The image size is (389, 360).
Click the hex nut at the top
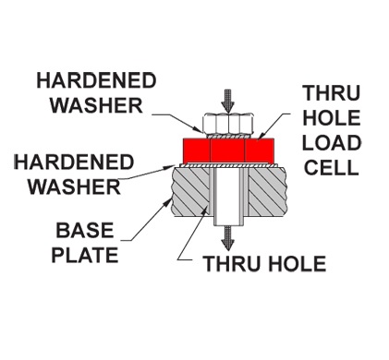click(x=228, y=124)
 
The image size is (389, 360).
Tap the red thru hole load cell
click(x=228, y=150)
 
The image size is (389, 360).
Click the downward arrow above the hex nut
click(x=227, y=101)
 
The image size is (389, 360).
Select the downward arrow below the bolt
click(x=227, y=238)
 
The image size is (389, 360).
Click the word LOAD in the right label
click(x=332, y=143)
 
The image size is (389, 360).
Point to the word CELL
click(x=332, y=168)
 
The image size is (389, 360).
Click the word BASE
click(x=85, y=230)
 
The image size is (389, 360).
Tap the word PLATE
click(x=85, y=255)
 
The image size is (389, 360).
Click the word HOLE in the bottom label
click(x=298, y=264)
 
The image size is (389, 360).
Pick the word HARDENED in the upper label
click(x=96, y=80)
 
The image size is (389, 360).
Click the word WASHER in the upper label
click(x=96, y=105)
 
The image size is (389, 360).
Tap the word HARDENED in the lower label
click(x=74, y=162)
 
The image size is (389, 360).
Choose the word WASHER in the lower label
click(x=74, y=186)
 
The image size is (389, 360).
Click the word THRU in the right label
click(x=332, y=93)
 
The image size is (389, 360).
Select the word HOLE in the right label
click(x=332, y=118)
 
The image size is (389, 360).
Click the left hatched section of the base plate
click(x=190, y=191)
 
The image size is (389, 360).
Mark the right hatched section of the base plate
click(x=267, y=191)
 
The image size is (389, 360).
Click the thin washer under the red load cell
click(x=228, y=165)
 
